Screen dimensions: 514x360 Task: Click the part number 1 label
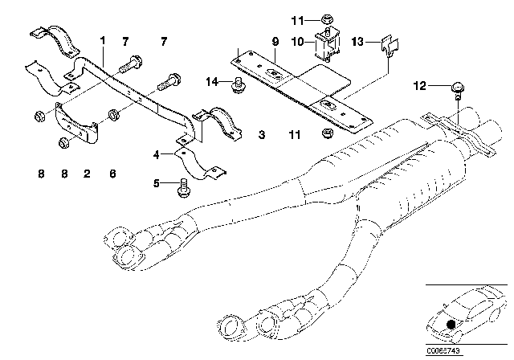coord(103,41)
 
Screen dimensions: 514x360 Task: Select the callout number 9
coord(275,42)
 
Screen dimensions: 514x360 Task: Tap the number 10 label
coord(298,42)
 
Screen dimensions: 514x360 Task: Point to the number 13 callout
coord(357,42)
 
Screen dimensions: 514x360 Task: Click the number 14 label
coord(212,82)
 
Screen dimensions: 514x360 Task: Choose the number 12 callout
coord(420,86)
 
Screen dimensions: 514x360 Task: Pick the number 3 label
coord(262,135)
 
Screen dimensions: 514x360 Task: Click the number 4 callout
coord(157,154)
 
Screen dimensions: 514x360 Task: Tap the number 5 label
coord(157,183)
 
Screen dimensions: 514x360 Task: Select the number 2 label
coord(87,174)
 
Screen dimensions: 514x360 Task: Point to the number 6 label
coord(112,174)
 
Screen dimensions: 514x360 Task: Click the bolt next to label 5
coord(183,188)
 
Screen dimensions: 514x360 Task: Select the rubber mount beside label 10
coord(327,44)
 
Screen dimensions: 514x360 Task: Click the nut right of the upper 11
coord(326,19)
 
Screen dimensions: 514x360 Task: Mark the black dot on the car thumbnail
coord(451,325)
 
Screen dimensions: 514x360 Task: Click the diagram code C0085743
coord(443,351)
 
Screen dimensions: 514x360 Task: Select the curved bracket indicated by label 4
coord(200,163)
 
